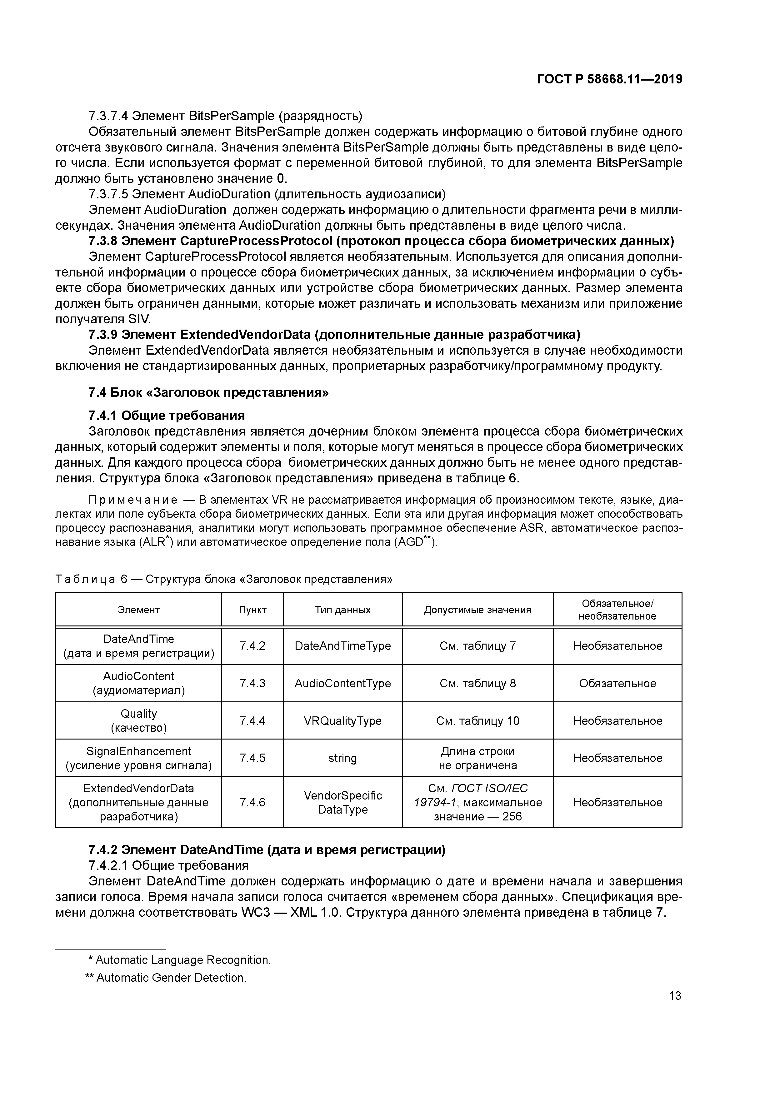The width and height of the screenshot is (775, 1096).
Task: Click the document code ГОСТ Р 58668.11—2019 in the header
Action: (609, 79)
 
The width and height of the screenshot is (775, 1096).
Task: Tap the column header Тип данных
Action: (342, 610)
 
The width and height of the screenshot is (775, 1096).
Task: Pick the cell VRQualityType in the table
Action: (342, 720)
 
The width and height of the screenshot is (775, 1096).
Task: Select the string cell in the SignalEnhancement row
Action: (342, 758)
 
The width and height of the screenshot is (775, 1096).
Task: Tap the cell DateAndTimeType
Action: (342, 646)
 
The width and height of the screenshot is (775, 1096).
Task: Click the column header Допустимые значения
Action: (477, 610)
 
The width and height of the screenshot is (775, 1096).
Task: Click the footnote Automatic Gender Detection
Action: (166, 978)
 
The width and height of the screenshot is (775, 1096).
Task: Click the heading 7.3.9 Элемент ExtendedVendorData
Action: (334, 335)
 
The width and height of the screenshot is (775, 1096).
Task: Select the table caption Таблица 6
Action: (223, 579)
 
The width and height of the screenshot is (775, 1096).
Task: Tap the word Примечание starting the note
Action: (133, 500)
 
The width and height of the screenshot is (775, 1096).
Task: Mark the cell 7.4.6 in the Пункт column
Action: (252, 802)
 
